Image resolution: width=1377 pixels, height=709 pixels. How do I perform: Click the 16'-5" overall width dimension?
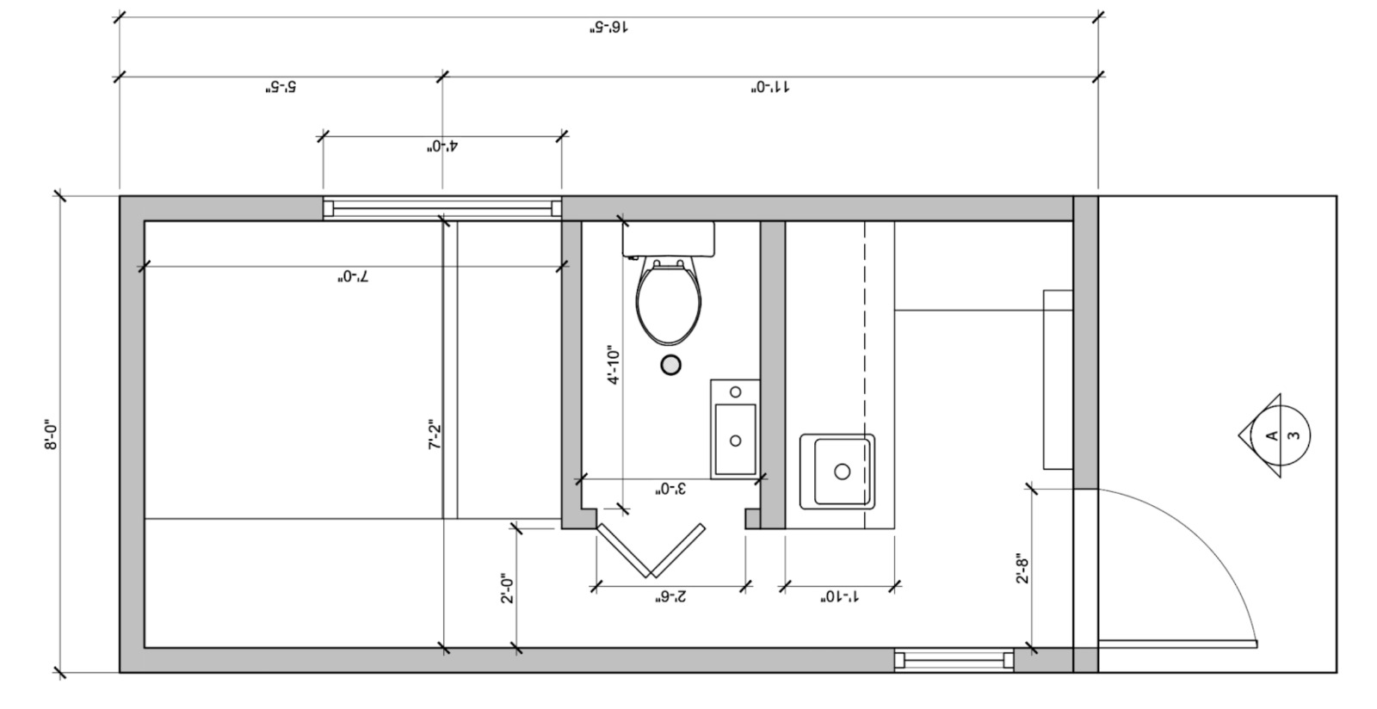coord(609,28)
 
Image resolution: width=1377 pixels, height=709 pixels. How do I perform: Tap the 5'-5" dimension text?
coord(281,87)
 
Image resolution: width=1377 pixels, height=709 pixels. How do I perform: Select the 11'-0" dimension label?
coord(770,87)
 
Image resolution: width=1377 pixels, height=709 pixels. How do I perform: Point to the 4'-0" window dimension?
coord(442,146)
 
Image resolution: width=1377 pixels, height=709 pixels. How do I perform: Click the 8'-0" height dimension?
coord(51,435)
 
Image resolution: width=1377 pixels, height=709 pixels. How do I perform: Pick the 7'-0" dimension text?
coord(353,276)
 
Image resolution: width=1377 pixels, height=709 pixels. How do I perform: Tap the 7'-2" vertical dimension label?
coord(435,435)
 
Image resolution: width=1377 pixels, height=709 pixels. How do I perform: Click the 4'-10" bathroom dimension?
coord(614,364)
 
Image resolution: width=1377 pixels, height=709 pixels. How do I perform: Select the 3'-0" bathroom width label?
coord(670,489)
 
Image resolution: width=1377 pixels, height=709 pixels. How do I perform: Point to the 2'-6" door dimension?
coord(670,596)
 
